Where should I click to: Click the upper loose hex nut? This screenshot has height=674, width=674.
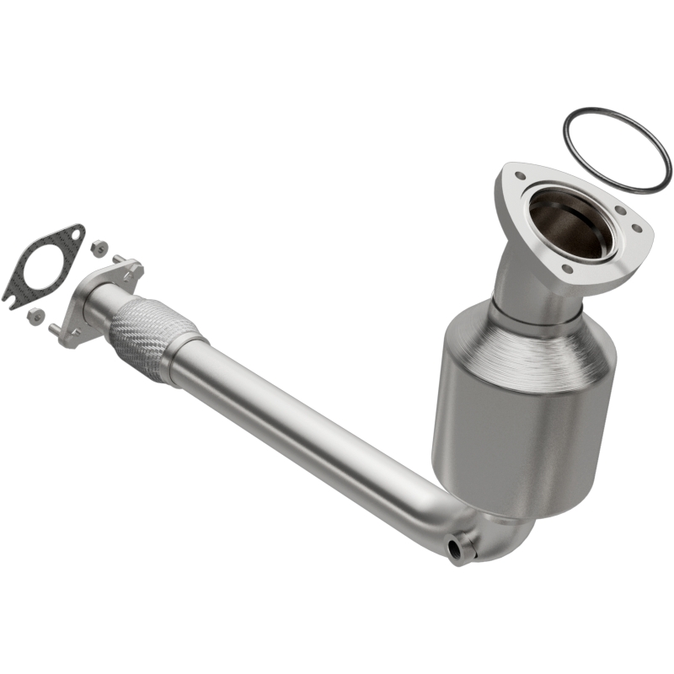tap(99, 248)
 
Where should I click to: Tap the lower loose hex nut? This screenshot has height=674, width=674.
tap(35, 315)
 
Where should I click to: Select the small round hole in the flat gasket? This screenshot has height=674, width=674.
tap(76, 235)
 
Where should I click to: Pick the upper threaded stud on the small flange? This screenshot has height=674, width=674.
tap(119, 258)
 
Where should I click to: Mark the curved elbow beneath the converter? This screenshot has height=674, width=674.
tap(497, 539)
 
